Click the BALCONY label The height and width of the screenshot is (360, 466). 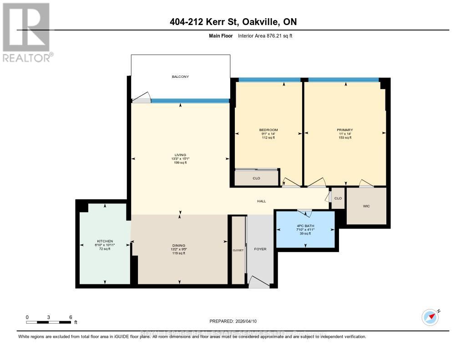pos(180,76)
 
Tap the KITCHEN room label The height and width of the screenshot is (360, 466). pos(105,241)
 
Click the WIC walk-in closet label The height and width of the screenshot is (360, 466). pos(366,206)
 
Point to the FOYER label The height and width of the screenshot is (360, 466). pos(260,249)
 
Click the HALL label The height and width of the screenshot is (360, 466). pos(261,201)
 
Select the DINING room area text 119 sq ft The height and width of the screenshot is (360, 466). pos(178,253)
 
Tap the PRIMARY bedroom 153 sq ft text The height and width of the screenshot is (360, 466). pos(345,137)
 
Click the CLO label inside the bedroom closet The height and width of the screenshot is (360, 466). pos(256,178)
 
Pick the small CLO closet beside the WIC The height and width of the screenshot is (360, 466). pos(338,198)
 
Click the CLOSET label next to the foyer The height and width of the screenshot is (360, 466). pos(238,250)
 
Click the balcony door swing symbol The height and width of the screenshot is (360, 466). pos(142,98)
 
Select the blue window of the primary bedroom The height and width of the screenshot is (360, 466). pos(343,80)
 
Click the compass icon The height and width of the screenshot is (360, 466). pos(430,317)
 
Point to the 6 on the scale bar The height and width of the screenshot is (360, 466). pos(71,317)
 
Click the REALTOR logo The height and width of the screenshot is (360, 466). pos(26,32)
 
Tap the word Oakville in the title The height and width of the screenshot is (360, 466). pos(264,22)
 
